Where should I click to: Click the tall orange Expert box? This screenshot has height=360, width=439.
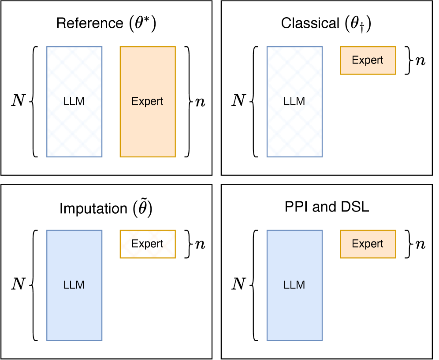(148, 102)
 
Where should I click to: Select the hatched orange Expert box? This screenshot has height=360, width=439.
(148, 244)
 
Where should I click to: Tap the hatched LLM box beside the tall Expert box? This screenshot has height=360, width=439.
(74, 102)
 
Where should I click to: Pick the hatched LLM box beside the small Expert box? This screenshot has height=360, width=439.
(294, 102)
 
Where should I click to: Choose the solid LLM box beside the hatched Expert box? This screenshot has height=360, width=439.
(74, 285)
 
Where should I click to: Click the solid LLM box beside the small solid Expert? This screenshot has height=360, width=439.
(294, 285)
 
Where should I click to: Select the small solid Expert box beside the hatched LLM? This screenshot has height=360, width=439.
(368, 60)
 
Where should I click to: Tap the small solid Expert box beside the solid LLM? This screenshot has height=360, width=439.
(368, 244)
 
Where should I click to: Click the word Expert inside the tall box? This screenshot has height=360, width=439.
(148, 101)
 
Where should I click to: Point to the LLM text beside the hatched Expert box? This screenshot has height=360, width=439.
(74, 285)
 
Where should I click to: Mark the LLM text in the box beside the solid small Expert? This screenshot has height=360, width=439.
(294, 285)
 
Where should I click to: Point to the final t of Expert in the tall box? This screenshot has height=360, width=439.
(161, 101)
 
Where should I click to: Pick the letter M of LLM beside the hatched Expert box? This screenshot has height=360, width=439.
(80, 285)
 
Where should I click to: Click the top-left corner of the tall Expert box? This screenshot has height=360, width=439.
(120, 47)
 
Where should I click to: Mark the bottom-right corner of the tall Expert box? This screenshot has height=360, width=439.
(175, 157)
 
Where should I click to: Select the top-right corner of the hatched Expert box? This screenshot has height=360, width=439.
(175, 230)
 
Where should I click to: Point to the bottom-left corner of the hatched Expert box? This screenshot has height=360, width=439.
(120, 257)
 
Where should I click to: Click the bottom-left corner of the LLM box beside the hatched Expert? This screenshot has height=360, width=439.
(47, 340)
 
